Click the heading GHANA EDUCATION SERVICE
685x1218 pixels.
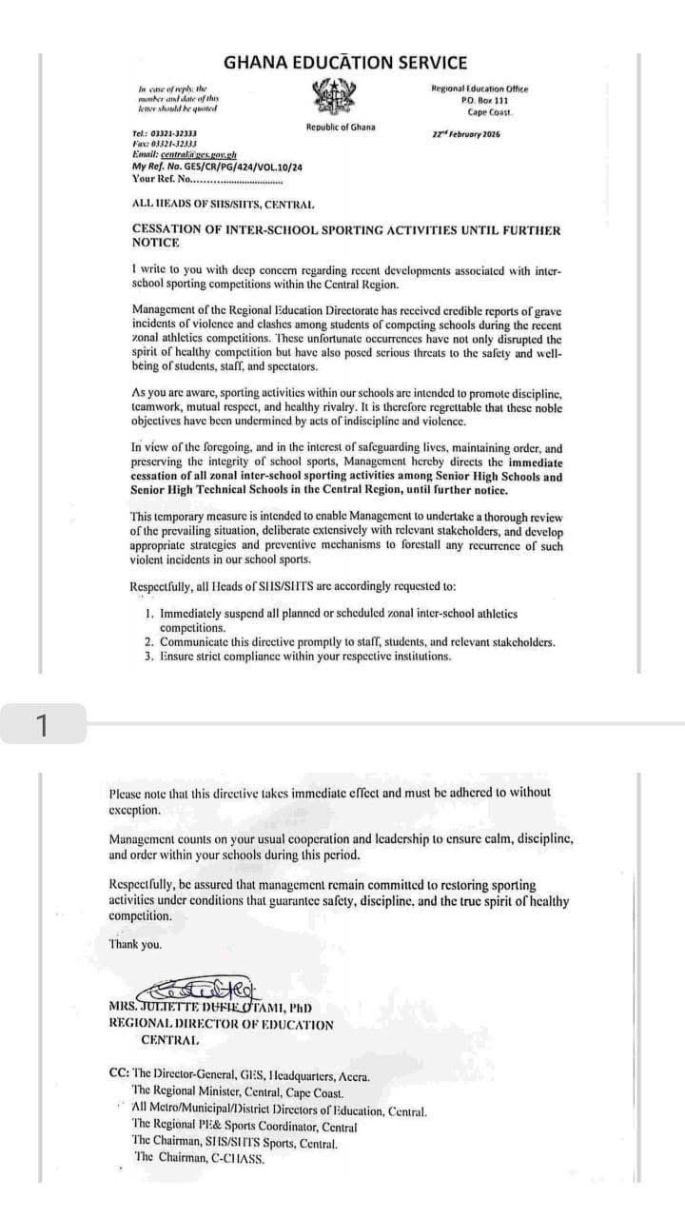345,63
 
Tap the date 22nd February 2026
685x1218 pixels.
466,134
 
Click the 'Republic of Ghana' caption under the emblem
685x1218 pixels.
341,128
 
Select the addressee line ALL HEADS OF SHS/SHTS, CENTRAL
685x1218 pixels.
224,205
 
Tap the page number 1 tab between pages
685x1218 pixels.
41,725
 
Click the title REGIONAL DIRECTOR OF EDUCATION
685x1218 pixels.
221,1025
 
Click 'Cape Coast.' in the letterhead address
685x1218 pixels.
490,112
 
